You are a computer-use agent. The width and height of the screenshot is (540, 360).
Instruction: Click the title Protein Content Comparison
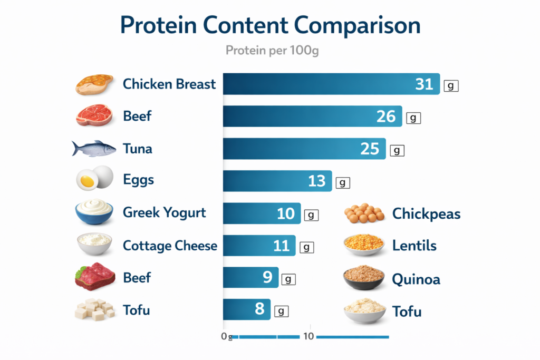click(270, 26)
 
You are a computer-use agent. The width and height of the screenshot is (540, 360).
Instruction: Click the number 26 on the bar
click(386, 116)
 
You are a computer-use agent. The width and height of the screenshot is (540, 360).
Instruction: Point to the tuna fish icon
click(94, 149)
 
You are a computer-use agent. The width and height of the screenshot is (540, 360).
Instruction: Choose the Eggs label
click(139, 180)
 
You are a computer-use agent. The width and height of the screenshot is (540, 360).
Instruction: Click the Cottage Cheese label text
click(170, 246)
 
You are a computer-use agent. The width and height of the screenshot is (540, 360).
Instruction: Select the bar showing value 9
click(250, 277)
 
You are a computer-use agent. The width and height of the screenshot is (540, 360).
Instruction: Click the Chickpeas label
click(426, 214)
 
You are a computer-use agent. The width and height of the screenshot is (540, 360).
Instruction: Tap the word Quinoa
click(416, 279)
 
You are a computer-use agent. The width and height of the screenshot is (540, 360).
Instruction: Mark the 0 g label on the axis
click(227, 337)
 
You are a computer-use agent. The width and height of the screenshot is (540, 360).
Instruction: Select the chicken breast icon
click(94, 84)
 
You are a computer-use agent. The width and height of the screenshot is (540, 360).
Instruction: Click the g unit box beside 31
click(451, 86)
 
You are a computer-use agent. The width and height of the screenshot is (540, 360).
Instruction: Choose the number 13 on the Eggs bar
click(317, 181)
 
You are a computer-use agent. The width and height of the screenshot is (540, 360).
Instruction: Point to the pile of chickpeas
click(364, 213)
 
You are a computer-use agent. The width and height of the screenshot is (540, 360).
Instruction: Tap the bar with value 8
click(247, 309)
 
